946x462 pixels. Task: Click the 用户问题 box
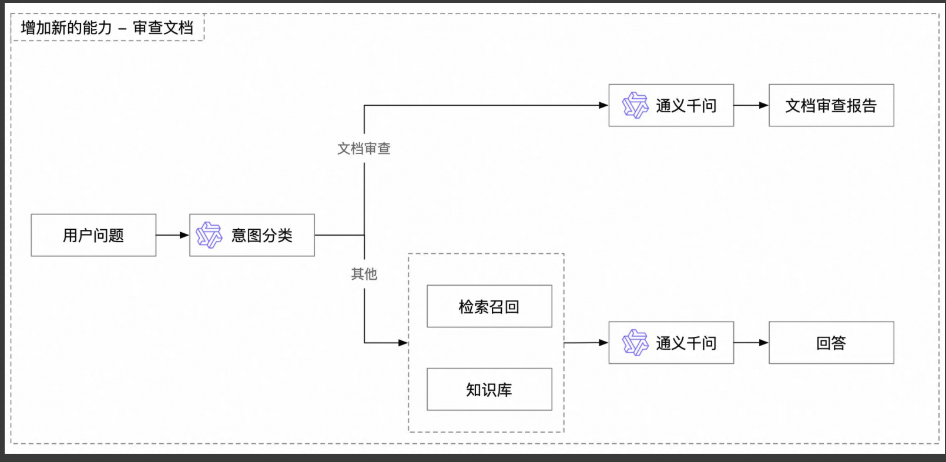click(93, 235)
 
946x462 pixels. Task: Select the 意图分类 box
click(252, 235)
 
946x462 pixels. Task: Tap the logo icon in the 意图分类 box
click(209, 235)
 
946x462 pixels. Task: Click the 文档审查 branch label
click(364, 149)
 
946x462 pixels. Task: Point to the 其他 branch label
click(364, 274)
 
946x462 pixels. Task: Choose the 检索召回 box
click(489, 306)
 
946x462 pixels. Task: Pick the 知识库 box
click(489, 389)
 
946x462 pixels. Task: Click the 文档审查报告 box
click(831, 105)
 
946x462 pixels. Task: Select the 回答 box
click(831, 343)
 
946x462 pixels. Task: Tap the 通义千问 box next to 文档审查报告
click(671, 105)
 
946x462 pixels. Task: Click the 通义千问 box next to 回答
click(671, 343)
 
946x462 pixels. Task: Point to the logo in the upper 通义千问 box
click(635, 105)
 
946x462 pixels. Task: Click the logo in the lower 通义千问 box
click(635, 343)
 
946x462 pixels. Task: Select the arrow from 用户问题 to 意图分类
click(172, 235)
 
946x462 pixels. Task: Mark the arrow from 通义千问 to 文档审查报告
click(751, 105)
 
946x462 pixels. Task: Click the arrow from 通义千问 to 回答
click(751, 343)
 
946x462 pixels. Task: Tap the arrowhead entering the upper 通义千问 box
click(603, 105)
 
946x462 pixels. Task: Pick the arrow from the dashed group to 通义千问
click(586, 343)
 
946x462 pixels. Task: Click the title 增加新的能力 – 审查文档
click(107, 28)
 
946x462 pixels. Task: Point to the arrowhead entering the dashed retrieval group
click(403, 343)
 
